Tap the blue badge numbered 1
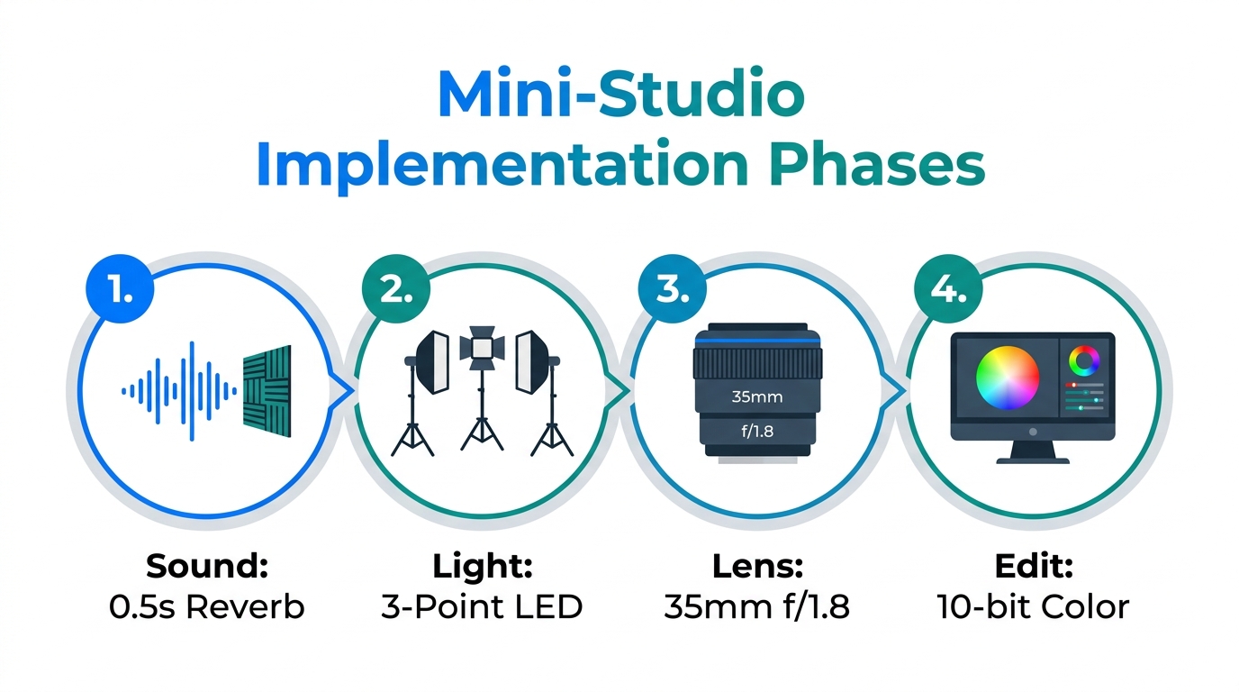[x=119, y=289]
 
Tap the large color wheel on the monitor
[x=1008, y=378]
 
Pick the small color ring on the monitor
[x=1084, y=362]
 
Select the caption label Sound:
[x=207, y=567]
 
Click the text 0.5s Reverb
[x=207, y=606]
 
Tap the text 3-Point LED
[x=482, y=606]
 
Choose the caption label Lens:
[x=756, y=567]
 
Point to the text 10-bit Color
[x=1033, y=606]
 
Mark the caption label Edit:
[x=1033, y=567]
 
